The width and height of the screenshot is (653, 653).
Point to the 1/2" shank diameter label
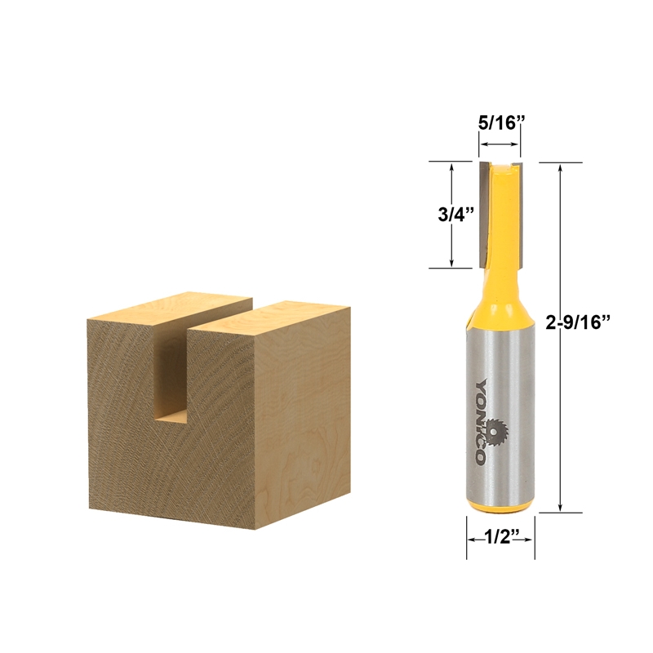(500, 539)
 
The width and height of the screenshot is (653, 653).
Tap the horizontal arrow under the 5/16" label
(499, 144)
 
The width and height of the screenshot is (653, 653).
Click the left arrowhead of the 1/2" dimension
(471, 540)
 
